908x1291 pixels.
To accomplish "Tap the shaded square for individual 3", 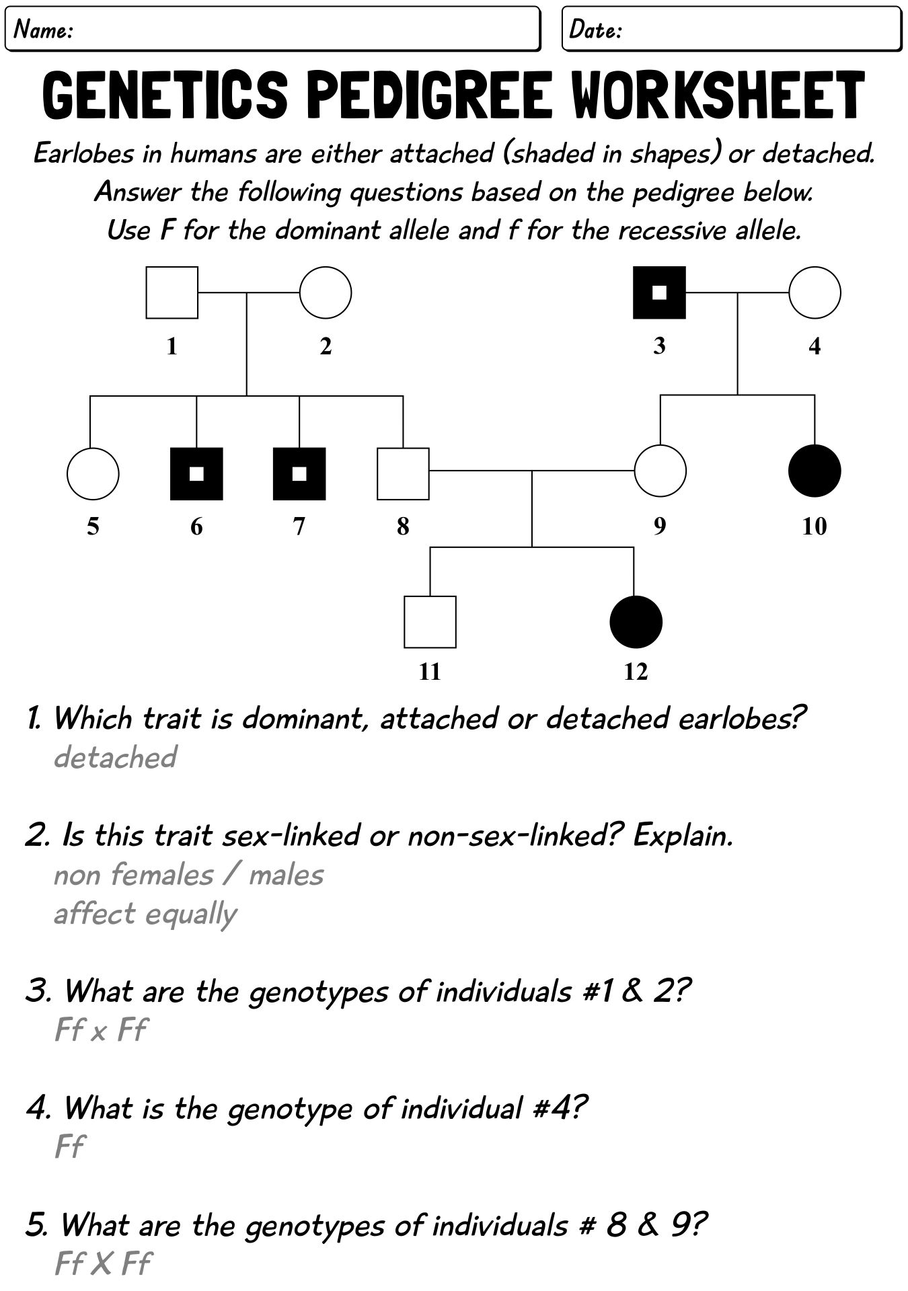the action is (x=660, y=292).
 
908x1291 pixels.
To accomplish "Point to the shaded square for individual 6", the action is (x=196, y=473).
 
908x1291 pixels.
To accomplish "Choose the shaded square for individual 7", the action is (x=299, y=473).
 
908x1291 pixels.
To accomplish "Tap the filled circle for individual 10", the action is (x=815, y=471).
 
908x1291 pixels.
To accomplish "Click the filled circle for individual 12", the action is (x=636, y=622).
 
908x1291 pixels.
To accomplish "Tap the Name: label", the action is (x=44, y=30).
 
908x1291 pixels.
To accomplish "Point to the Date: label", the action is (x=595, y=30).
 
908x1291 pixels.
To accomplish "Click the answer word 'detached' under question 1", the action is (x=115, y=757).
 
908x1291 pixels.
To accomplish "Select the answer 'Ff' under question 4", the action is (x=69, y=1147).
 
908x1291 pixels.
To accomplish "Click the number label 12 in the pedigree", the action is (x=636, y=671).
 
